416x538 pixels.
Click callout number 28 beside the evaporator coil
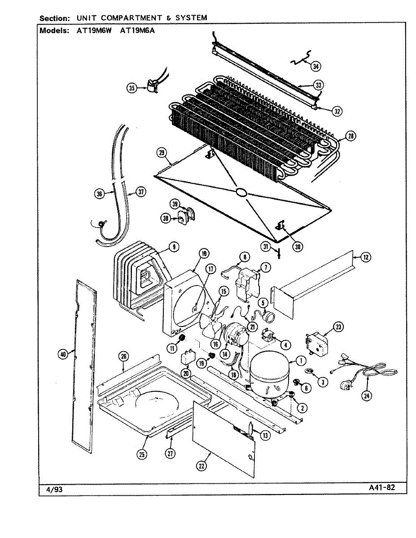350,136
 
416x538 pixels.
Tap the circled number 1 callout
301,359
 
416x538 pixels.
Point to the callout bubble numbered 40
63,354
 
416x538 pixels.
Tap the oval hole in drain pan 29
241,193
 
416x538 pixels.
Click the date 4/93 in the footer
54,490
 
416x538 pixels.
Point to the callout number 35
131,88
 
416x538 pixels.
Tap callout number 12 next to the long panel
366,257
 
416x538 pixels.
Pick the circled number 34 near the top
316,66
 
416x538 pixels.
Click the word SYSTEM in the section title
191,18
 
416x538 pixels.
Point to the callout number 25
142,454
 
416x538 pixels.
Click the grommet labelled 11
182,337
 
